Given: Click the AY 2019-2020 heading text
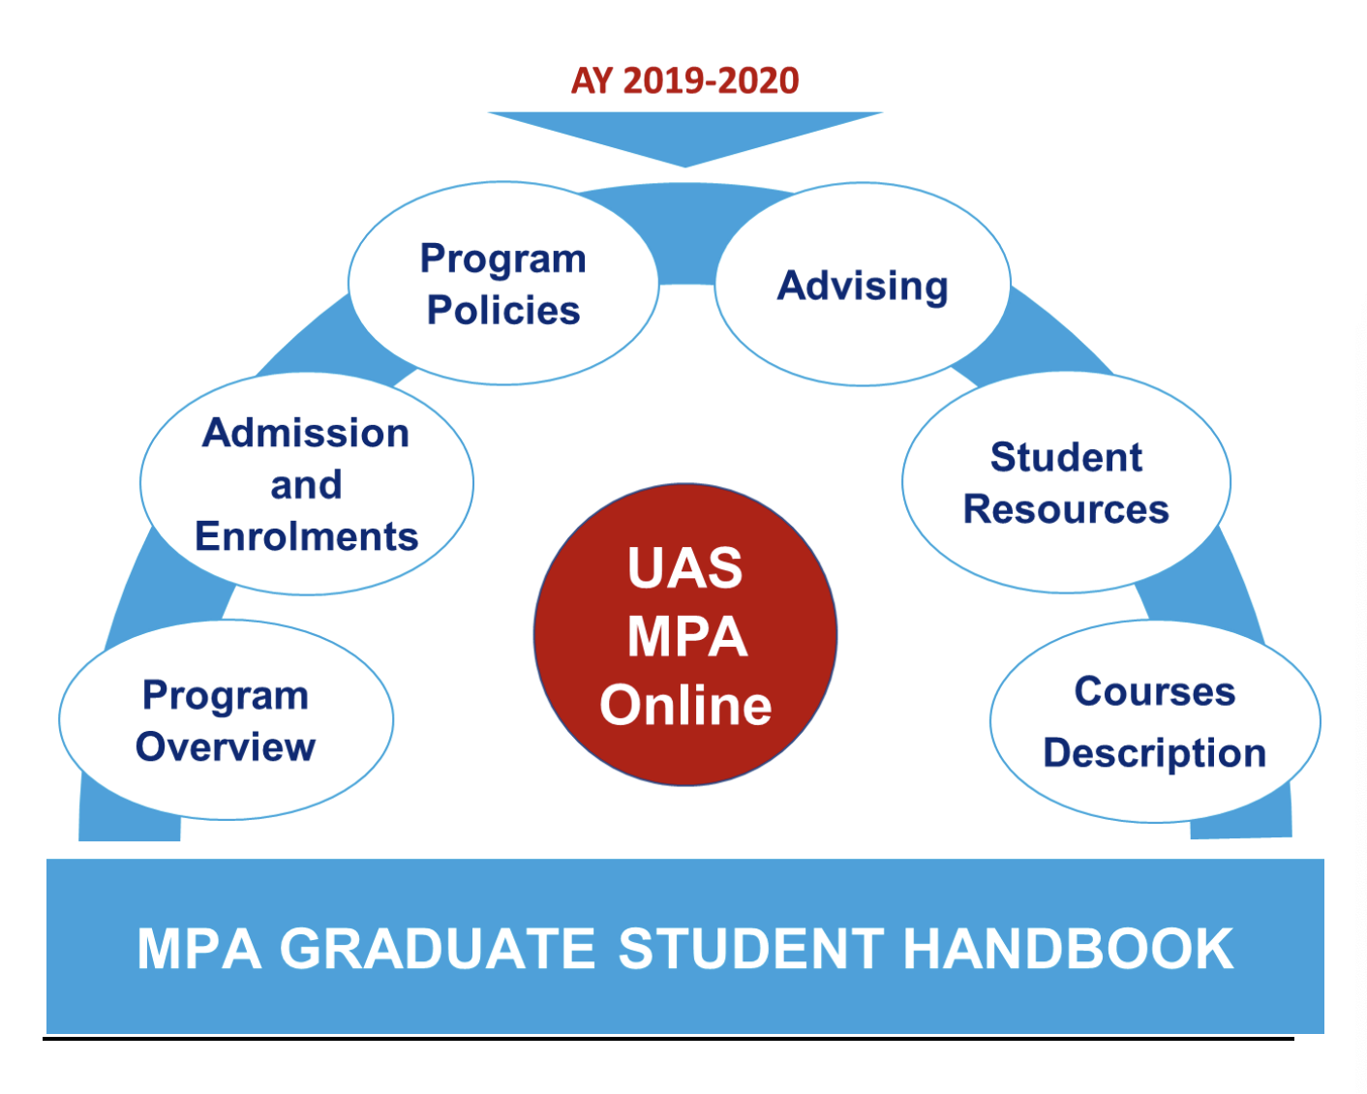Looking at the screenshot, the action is pos(684,80).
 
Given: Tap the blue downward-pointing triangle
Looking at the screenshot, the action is pos(684,134).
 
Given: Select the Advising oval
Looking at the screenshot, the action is pos(863,284).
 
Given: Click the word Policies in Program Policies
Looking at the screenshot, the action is pos(503,310).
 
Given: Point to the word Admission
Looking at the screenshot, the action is pos(306,434).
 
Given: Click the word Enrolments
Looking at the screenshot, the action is pos(306,536).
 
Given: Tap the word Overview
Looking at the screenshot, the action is pos(226,746).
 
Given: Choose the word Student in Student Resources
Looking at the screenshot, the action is pos(1066,457).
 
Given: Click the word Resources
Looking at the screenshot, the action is pos(1066,509).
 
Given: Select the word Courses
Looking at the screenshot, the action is pos(1155,691).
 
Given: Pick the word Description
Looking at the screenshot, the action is pos(1155,753).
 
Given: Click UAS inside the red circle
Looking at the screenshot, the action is pos(684,567).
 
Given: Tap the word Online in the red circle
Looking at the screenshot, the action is pos(685,705).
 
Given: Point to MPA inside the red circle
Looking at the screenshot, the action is pos(686,636).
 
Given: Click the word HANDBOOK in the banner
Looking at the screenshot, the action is pos(1068,949).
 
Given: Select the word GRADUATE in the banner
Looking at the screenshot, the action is pos(437,949).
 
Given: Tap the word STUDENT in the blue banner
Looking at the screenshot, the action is pos(751,949).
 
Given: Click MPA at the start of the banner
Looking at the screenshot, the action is pos(198,949).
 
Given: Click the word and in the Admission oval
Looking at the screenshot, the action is pos(306,485).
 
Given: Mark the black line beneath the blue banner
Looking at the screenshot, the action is pos(668,1039).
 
